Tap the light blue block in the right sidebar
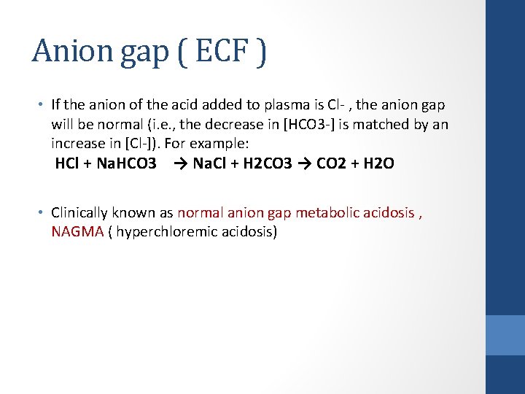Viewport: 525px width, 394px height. [505, 335]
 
